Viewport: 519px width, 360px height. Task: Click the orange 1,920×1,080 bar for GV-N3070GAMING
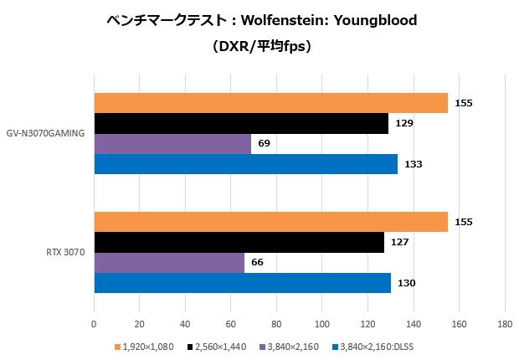[x=270, y=103]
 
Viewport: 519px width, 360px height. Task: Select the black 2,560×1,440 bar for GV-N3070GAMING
[x=241, y=123]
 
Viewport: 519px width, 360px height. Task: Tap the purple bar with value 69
[x=172, y=144]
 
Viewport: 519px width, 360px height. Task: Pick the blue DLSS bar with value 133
[x=245, y=164]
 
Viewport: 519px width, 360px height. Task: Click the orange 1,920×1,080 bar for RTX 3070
[x=270, y=222]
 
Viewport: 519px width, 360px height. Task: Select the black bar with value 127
[x=239, y=242]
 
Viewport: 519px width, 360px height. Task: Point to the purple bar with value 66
[x=169, y=262]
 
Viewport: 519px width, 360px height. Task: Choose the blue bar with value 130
[x=242, y=283]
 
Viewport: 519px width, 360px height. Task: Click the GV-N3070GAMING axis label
[x=47, y=134]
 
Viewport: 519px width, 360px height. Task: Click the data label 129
[x=404, y=124]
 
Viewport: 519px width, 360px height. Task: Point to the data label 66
[x=258, y=263]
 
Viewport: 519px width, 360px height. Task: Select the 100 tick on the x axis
[x=321, y=323]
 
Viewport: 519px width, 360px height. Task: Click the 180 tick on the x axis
[x=504, y=323]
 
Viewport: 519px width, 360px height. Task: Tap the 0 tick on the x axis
[x=94, y=323]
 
